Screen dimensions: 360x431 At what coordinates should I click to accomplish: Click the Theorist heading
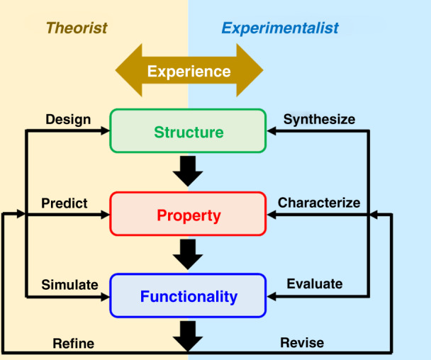77,28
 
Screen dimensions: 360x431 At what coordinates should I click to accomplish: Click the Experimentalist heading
280,28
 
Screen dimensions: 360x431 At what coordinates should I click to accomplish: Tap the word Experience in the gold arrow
189,71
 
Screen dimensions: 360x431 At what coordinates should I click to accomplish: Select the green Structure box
189,131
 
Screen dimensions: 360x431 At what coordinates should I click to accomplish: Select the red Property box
189,214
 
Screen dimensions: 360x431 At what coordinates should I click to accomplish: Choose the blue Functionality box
189,296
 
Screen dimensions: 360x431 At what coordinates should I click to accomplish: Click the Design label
68,119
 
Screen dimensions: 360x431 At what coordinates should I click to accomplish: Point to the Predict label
65,203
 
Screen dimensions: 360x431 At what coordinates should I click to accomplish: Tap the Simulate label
69,285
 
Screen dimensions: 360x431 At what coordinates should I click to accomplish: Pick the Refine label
73,344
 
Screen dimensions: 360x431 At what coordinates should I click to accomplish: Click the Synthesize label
319,119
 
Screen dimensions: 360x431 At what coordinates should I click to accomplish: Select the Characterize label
319,203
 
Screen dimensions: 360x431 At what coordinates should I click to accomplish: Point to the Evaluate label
314,284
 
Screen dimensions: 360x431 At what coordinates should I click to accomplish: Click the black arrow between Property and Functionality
188,254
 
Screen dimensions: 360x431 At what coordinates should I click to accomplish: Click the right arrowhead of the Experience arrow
252,71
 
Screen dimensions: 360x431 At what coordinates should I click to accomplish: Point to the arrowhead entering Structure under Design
104,131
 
